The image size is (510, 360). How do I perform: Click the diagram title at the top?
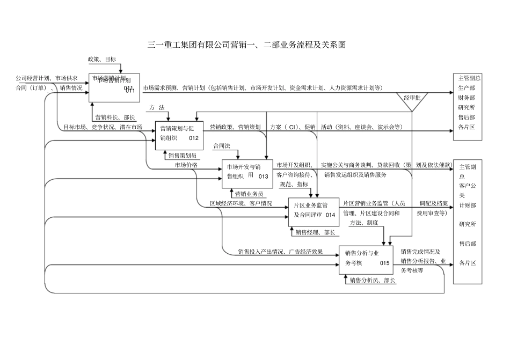click(x=246, y=45)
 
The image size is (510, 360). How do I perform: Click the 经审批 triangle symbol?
click(x=411, y=101)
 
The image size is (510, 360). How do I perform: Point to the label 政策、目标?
click(x=101, y=60)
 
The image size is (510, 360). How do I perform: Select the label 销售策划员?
click(x=182, y=156)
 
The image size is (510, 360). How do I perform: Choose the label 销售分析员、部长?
click(x=372, y=280)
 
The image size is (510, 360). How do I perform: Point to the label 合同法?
click(x=222, y=146)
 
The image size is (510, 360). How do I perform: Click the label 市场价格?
click(x=186, y=165)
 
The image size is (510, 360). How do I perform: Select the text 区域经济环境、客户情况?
click(x=240, y=204)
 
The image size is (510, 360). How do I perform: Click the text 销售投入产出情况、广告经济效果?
click(x=280, y=251)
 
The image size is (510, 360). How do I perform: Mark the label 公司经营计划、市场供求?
click(x=46, y=78)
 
